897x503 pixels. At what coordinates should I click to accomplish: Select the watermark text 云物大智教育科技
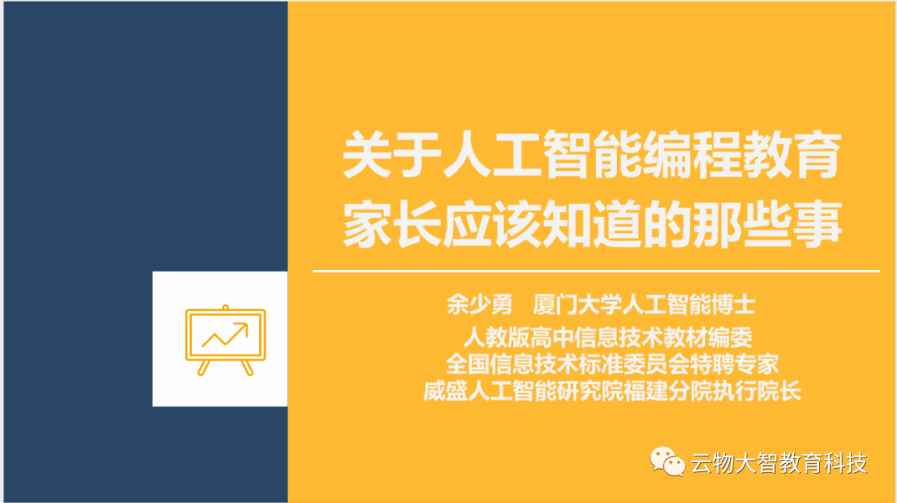(778, 462)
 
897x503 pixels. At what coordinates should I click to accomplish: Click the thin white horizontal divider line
(595, 271)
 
